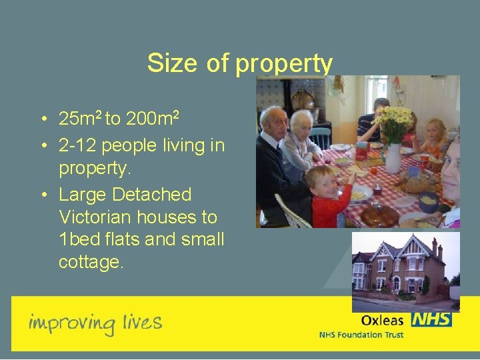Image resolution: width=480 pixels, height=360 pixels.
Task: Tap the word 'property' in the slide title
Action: click(284, 65)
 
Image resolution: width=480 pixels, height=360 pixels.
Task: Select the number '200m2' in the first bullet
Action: click(152, 119)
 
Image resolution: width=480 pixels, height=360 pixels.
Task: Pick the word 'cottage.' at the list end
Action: click(91, 263)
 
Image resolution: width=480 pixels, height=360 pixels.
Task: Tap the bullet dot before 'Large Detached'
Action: click(43, 195)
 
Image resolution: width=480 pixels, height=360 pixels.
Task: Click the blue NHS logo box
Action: click(432, 319)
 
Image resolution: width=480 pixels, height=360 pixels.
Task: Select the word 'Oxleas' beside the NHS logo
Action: click(382, 321)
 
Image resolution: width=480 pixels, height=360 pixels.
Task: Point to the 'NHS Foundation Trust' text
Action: click(362, 335)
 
